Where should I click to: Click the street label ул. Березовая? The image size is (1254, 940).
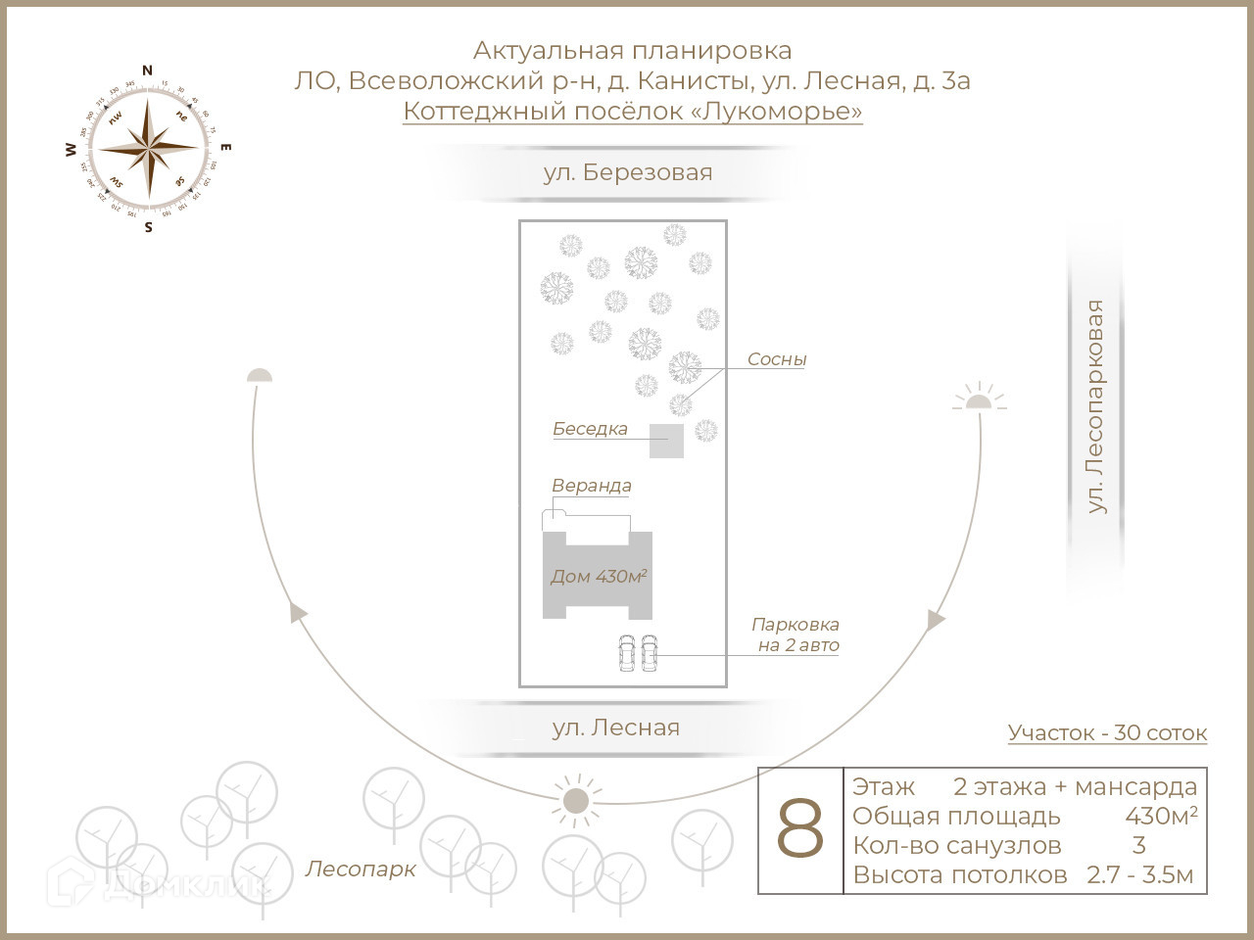tap(628, 173)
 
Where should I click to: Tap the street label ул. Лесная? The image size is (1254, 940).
tap(615, 728)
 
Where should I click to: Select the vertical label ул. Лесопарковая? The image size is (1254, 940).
tap(1095, 406)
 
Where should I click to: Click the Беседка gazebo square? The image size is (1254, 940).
tap(666, 441)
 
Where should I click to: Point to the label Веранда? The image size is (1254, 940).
tap(591, 486)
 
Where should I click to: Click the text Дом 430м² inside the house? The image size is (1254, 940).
tap(598, 577)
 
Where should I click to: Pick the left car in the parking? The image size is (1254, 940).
tap(627, 654)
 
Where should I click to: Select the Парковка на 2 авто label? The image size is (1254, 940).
tap(796, 634)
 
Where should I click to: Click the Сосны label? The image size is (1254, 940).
tap(776, 359)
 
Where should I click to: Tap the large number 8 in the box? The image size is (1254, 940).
tap(800, 829)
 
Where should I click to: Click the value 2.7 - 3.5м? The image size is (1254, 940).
tap(1139, 874)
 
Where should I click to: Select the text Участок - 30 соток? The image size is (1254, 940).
tap(1107, 732)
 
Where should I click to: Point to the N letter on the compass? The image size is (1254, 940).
tap(148, 70)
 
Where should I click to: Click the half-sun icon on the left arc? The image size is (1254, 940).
tap(259, 375)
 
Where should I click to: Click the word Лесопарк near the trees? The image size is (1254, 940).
tap(361, 869)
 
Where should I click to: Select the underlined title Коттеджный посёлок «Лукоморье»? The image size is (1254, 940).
tap(632, 111)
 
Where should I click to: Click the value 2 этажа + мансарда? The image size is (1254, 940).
tap(1075, 786)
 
